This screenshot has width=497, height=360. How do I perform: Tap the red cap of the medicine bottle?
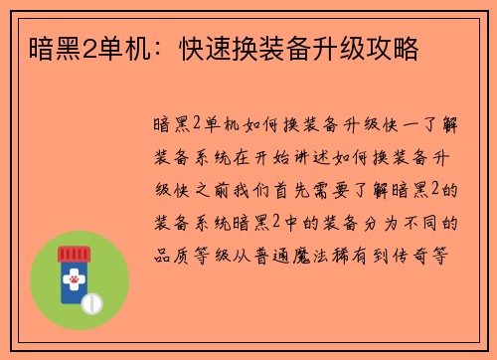(x=73, y=255)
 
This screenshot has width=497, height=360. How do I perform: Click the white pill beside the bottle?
(x=92, y=301)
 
